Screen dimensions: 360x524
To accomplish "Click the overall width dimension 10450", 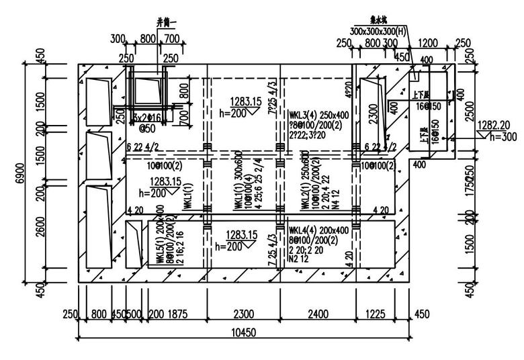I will point(245,332).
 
